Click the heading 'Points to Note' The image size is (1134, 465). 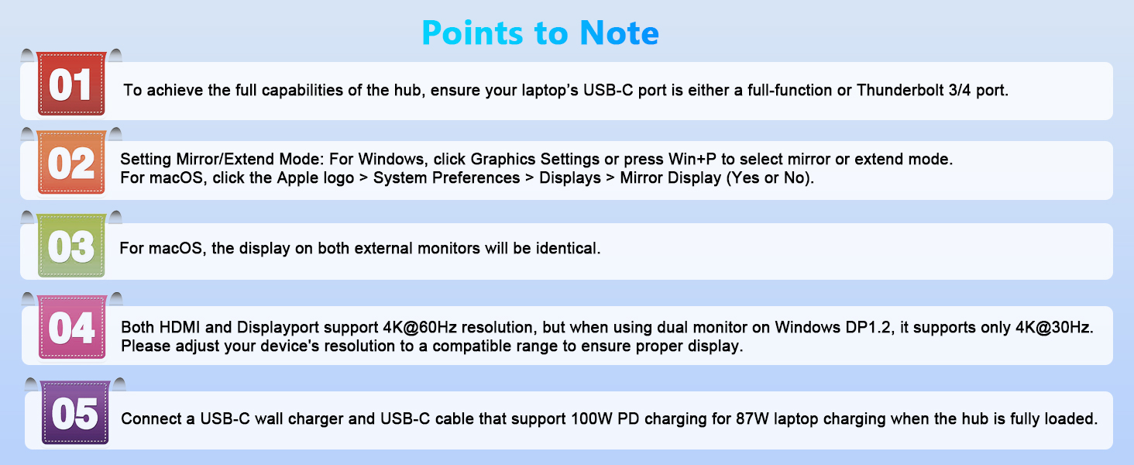click(x=540, y=33)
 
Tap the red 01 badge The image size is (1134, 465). click(x=71, y=84)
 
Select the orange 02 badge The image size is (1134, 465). click(x=71, y=164)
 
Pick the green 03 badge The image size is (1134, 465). click(x=71, y=247)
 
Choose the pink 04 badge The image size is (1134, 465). click(x=71, y=329)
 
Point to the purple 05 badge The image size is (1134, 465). click(x=74, y=414)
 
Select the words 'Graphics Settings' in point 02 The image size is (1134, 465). click(x=535, y=160)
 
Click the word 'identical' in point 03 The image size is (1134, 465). click(x=565, y=249)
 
